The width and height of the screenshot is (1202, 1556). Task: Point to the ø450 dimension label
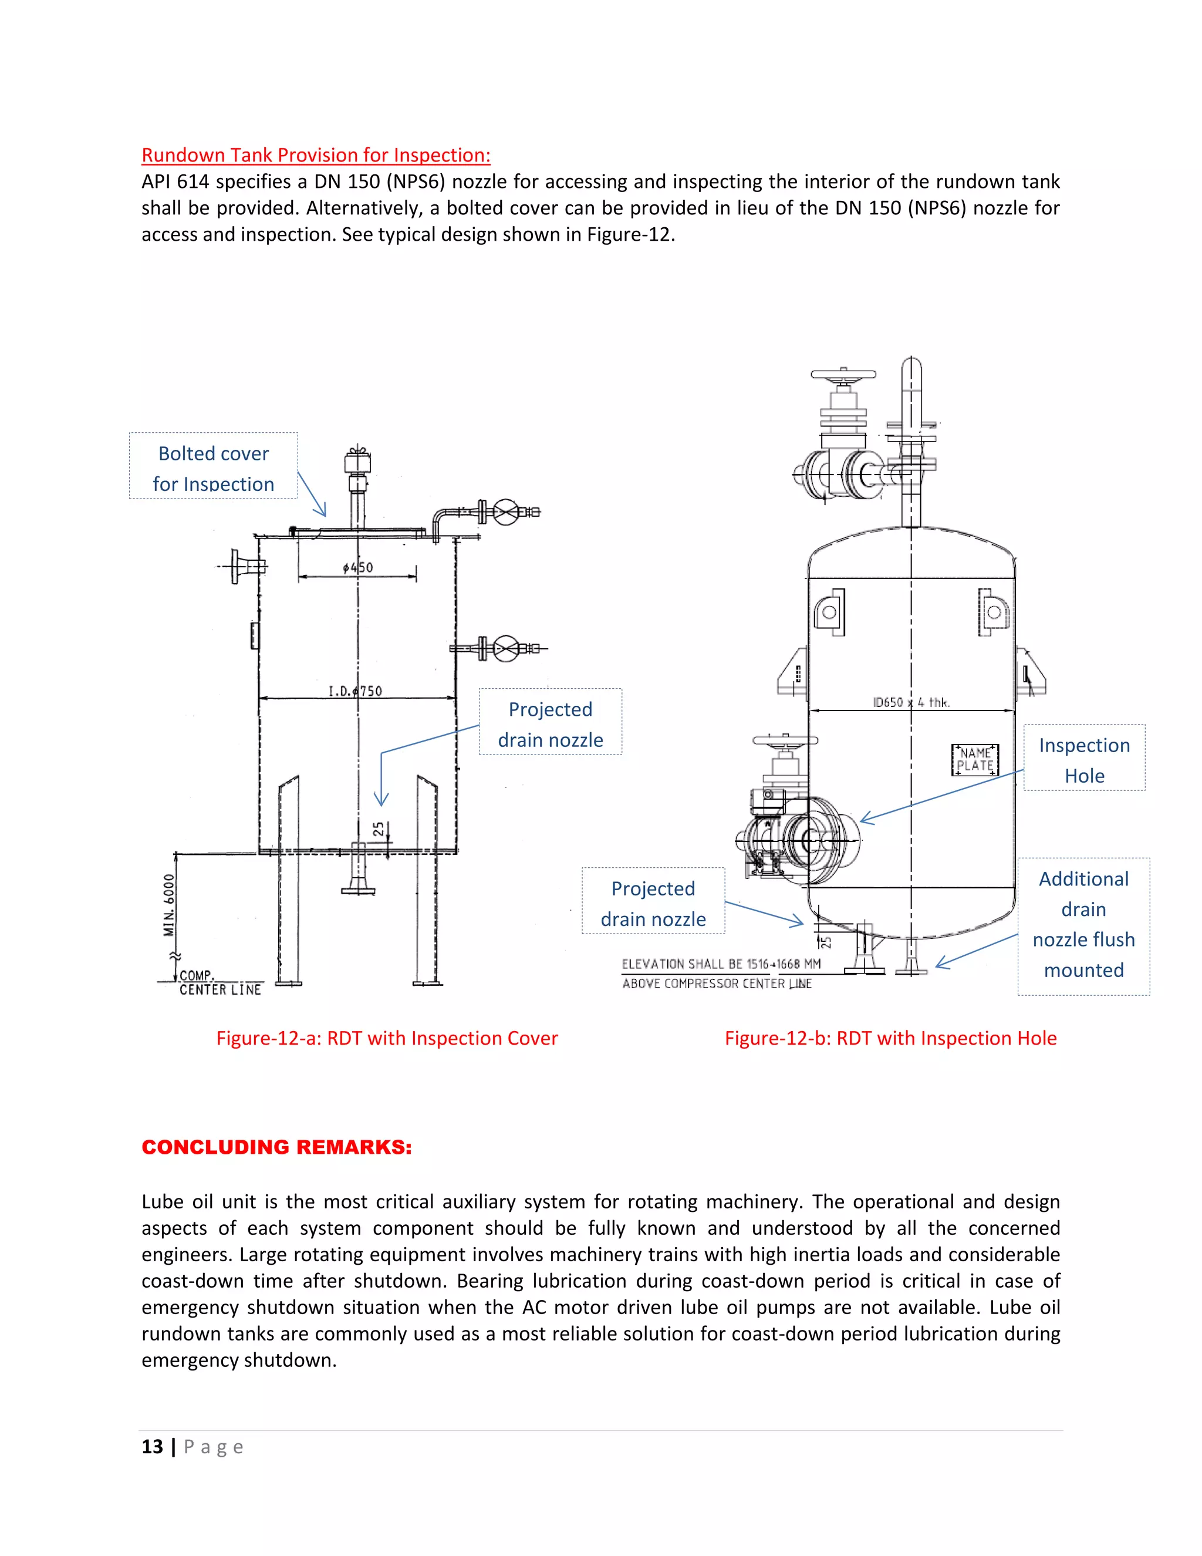tap(357, 567)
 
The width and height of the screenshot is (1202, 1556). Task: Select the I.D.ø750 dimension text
tap(354, 691)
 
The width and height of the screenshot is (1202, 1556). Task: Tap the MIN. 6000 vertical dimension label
tap(169, 905)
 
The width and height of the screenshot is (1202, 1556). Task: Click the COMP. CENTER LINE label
tap(220, 982)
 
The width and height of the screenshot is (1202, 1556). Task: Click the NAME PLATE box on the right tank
tap(975, 759)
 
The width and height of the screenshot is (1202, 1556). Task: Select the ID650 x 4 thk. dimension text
tap(911, 702)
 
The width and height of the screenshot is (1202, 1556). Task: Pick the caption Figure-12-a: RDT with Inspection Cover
tap(387, 1038)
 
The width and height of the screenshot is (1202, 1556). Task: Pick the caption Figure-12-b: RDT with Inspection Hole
tap(890, 1038)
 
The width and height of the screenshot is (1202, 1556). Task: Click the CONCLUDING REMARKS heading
tap(276, 1147)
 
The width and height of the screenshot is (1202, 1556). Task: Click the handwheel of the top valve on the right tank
tap(843, 374)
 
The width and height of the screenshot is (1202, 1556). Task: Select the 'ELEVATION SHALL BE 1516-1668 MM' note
tap(721, 964)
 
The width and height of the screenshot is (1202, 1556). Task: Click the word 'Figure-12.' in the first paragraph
tap(630, 234)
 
